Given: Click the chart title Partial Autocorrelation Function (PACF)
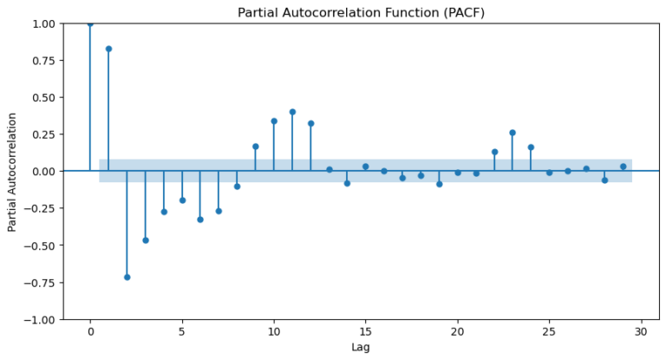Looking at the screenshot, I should tap(360, 12).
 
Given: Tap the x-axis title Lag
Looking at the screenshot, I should tap(361, 347).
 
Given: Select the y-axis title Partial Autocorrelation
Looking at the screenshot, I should tap(12, 171).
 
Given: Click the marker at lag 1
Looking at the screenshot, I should tap(108, 49).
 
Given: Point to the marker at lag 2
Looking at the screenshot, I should tap(127, 277).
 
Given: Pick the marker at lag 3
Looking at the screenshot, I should tap(146, 240).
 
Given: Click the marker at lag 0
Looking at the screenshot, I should tap(90, 23).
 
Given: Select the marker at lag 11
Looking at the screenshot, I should tap(292, 112).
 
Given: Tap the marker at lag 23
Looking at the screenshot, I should tap(513, 133).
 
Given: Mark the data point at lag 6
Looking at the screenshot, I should tap(200, 219).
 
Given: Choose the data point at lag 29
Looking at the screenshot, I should tap(623, 167).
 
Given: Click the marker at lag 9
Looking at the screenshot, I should tap(256, 147).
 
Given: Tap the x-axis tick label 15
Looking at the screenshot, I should tap(366, 332).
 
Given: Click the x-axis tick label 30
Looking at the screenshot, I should tap(642, 332).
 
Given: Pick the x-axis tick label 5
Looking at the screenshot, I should tap(182, 332).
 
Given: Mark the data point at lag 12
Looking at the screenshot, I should tap(310, 123).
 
